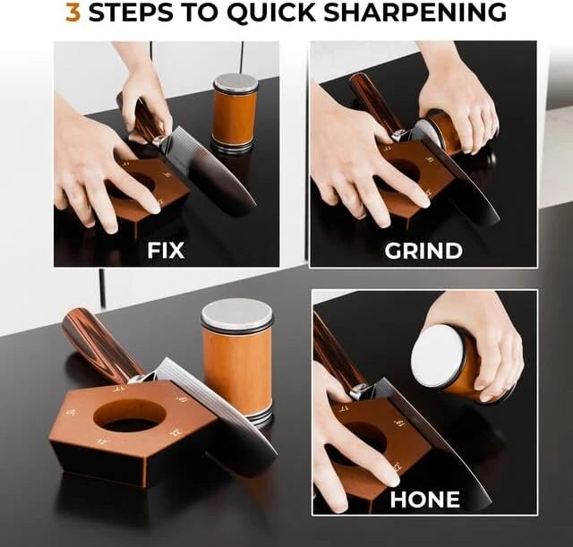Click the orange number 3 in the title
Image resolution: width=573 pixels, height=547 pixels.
pos(74,13)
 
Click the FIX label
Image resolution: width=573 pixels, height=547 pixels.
pos(165,250)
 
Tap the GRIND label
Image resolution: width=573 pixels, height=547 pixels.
pos(423,250)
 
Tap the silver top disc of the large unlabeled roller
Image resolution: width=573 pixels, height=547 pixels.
pos(236,314)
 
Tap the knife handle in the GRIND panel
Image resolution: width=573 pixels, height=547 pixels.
pos(368,101)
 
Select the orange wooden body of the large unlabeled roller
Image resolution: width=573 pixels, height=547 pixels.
pos(236,367)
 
